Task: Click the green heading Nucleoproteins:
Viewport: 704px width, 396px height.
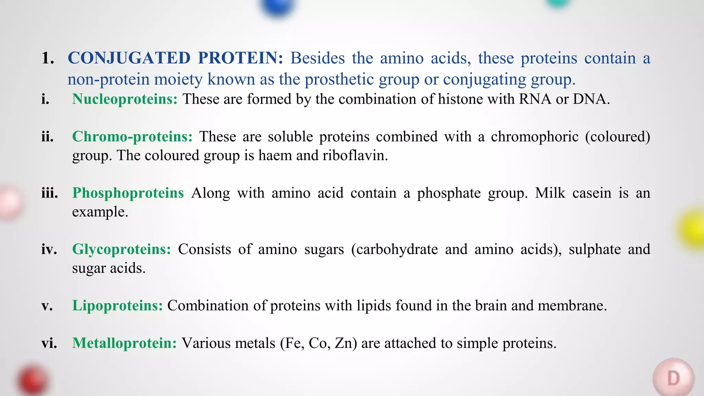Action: click(125, 99)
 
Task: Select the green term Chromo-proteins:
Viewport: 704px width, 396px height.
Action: click(132, 136)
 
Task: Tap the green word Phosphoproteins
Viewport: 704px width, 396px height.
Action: click(128, 193)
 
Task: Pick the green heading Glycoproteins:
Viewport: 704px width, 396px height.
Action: click(121, 249)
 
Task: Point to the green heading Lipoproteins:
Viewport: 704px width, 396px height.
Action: click(117, 306)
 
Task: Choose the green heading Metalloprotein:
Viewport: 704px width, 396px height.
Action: click(124, 343)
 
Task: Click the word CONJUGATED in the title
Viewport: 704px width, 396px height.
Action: click(129, 58)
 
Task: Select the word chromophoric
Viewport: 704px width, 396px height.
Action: click(535, 136)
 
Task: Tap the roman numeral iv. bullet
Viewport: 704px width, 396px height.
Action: click(49, 249)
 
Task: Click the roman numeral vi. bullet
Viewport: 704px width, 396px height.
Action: click(49, 343)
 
